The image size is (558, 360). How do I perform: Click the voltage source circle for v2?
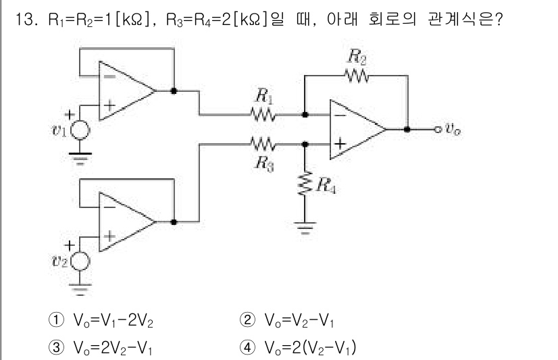click(80, 261)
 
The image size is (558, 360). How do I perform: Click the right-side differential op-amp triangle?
click(355, 129)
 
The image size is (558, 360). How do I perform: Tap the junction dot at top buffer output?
click(174, 91)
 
